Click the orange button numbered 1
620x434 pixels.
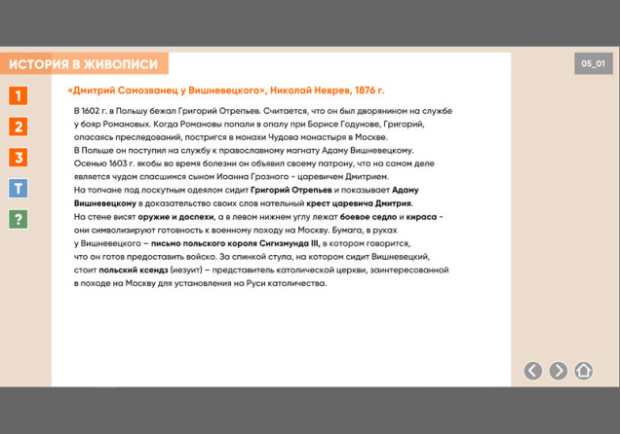(x=18, y=95)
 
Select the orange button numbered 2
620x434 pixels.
(x=18, y=127)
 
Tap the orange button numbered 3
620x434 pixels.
(x=18, y=158)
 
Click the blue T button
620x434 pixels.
(x=18, y=189)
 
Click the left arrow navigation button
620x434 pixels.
(x=532, y=370)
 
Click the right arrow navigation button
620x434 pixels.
(x=558, y=370)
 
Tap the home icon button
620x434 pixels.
(x=583, y=370)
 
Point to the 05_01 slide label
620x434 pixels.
(x=593, y=63)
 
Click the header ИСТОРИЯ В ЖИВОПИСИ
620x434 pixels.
(x=84, y=64)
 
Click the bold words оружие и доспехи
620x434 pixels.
(x=167, y=217)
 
